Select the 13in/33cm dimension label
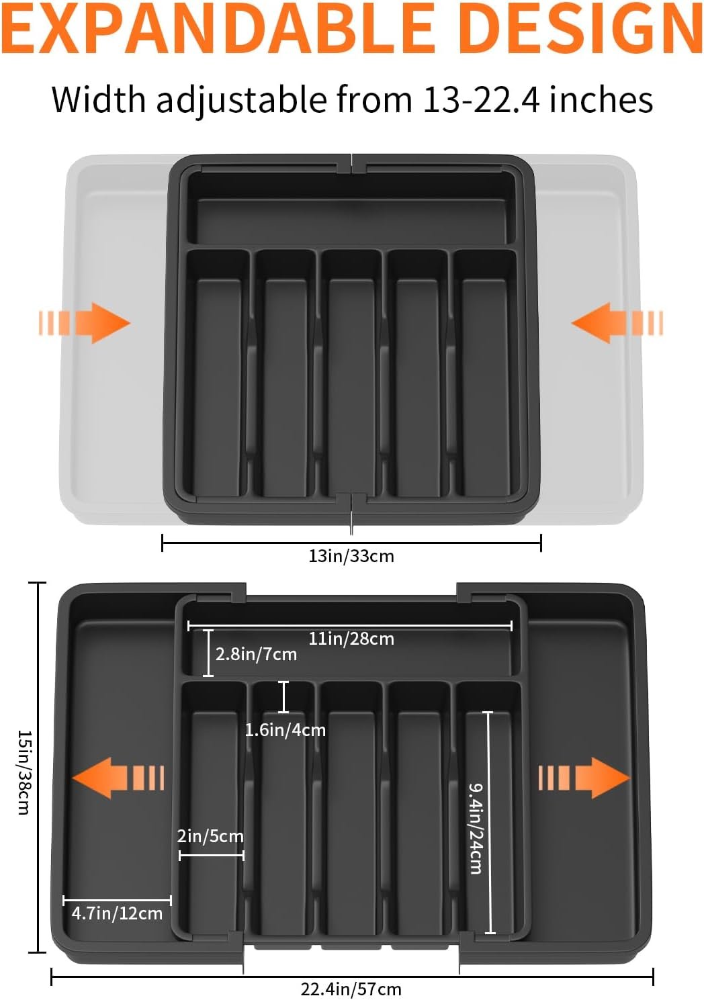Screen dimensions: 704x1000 click(351, 556)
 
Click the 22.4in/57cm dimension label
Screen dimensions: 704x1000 click(351, 989)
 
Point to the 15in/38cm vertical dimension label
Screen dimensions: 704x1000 click(25, 772)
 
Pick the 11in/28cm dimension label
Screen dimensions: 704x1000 click(351, 639)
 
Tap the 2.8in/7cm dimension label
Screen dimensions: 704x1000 click(256, 654)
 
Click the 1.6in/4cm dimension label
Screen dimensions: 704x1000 click(285, 731)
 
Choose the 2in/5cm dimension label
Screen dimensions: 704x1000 click(210, 835)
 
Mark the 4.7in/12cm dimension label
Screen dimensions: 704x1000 click(117, 913)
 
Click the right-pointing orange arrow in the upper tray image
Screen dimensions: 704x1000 click(85, 323)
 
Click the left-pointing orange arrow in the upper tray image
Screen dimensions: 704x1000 click(617, 323)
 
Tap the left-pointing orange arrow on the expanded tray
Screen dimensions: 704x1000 click(118, 778)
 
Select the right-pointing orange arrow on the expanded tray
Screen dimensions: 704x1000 click(584, 778)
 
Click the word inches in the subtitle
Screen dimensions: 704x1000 click(601, 99)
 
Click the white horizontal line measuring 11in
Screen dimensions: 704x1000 click(350, 627)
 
